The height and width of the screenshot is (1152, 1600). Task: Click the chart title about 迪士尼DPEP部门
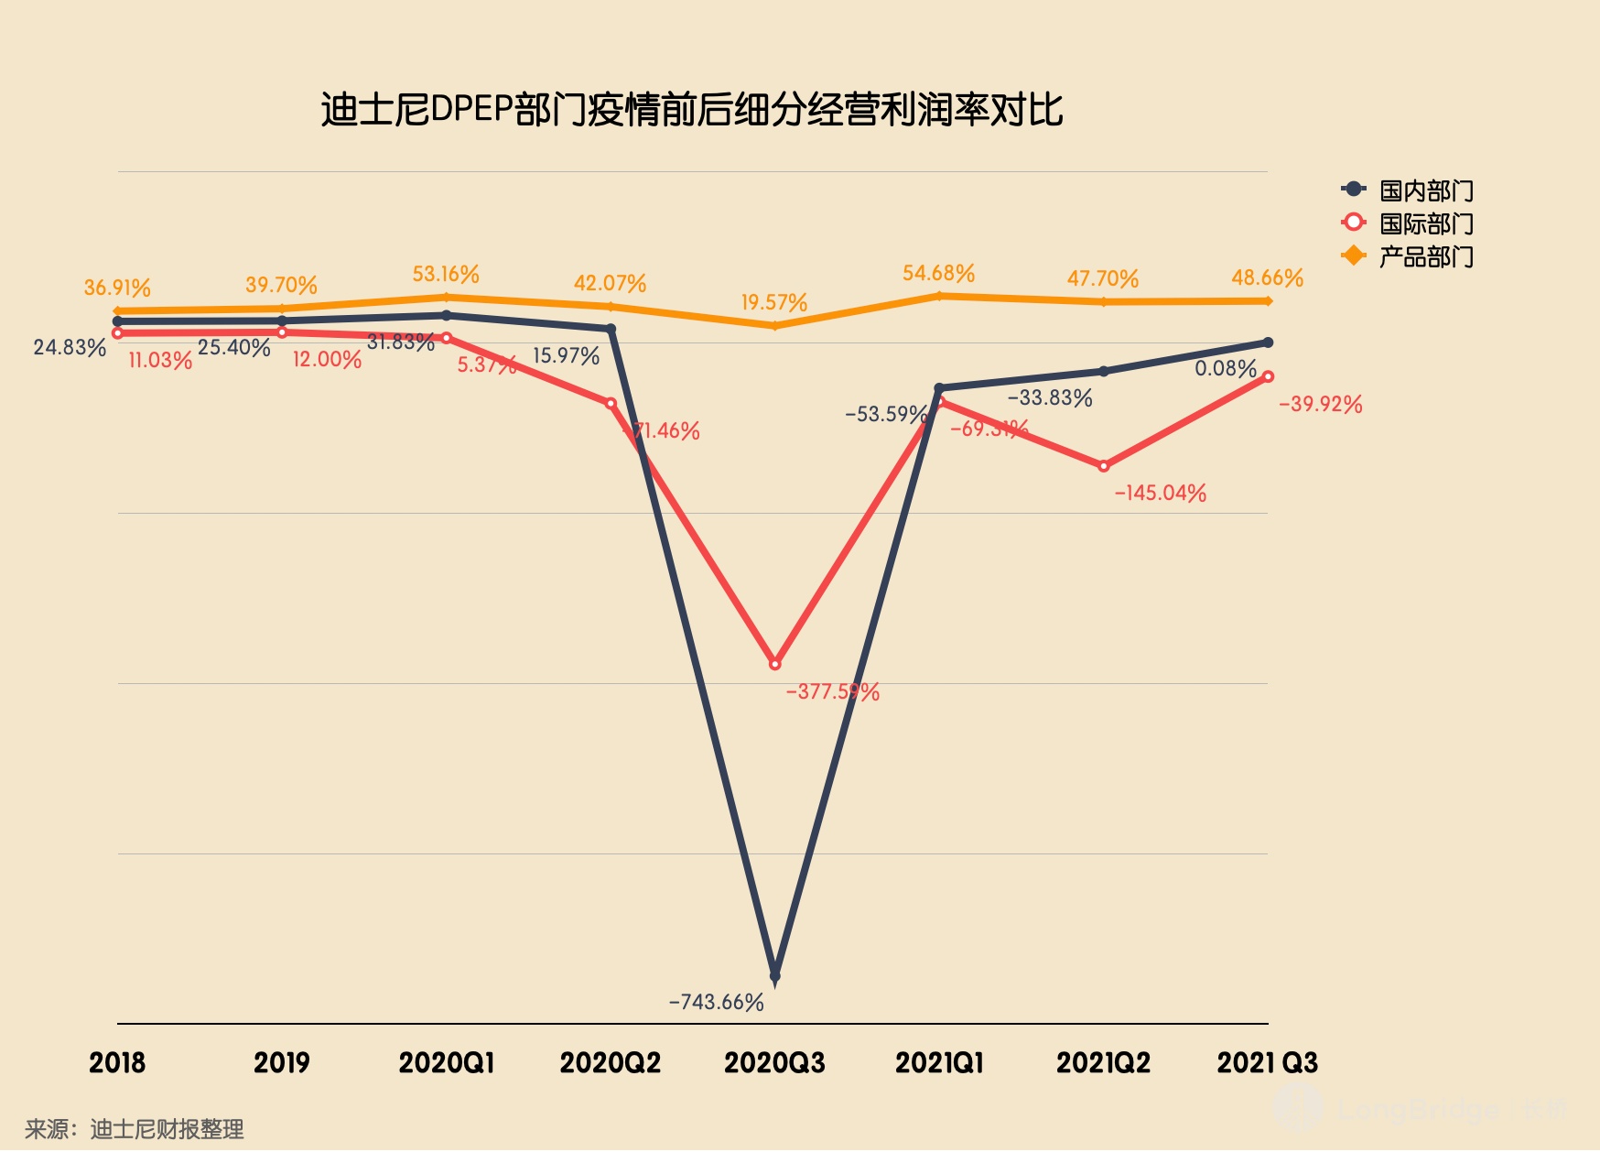pos(691,110)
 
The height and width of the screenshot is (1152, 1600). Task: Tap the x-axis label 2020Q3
pos(774,1062)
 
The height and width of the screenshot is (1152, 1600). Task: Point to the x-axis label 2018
pos(117,1062)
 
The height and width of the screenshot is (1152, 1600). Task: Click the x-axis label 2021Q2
pos(1103,1062)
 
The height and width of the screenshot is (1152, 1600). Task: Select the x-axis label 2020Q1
pos(447,1062)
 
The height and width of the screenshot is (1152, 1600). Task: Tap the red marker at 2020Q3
pos(775,664)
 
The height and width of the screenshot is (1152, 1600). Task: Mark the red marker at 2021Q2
pos(1104,466)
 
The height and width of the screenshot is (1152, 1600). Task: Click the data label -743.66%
pos(716,1002)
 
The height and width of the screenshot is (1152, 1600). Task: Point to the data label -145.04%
pos(1160,493)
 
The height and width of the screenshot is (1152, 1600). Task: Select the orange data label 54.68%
pos(938,273)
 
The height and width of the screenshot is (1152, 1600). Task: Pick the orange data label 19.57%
pos(774,302)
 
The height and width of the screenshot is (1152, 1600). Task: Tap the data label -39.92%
pos(1320,404)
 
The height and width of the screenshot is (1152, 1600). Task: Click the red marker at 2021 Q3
pos(1268,376)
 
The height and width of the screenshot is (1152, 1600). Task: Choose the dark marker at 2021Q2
pos(1104,371)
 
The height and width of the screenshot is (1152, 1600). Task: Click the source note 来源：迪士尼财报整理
pos(135,1129)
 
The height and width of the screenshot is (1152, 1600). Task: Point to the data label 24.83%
pos(70,347)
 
